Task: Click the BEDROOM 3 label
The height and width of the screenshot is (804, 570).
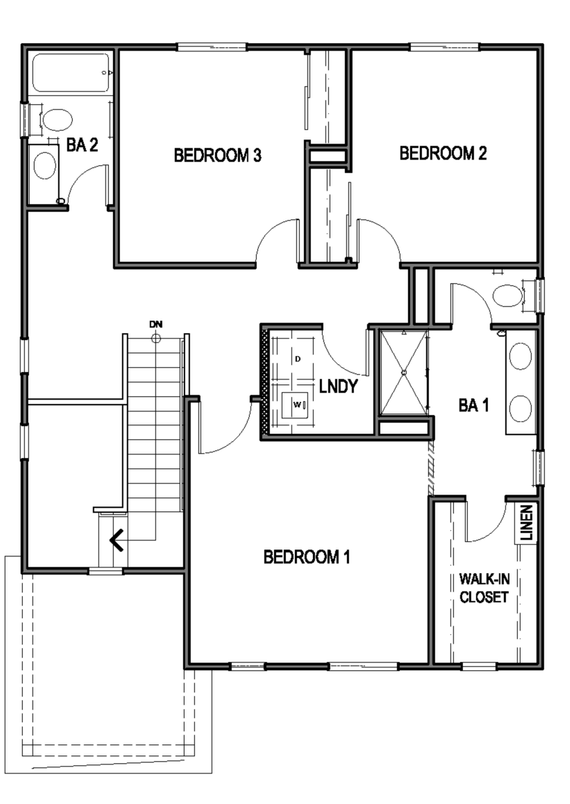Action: (x=217, y=155)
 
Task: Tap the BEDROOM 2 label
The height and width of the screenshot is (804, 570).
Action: (x=443, y=153)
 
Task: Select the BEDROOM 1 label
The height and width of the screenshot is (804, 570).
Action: (x=307, y=556)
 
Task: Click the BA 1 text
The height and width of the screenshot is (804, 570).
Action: (x=473, y=405)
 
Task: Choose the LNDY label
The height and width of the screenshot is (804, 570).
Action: (x=338, y=386)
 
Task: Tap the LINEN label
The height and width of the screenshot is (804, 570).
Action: (x=526, y=523)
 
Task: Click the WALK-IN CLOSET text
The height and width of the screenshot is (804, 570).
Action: (x=484, y=588)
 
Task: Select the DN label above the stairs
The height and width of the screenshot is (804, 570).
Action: (x=156, y=325)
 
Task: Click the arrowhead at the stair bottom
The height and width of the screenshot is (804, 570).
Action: (x=117, y=540)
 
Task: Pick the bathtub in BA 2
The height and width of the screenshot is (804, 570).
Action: (x=71, y=73)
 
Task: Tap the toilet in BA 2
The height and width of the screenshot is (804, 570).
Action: (x=56, y=120)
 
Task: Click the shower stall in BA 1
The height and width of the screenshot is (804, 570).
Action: (x=404, y=373)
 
